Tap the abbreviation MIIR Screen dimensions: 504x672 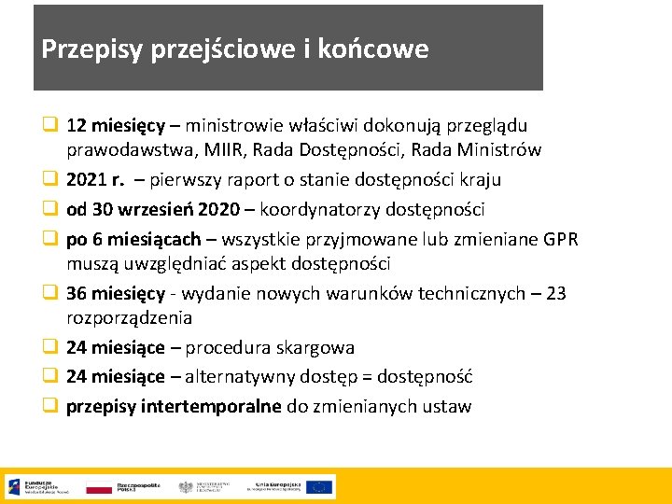(227, 149)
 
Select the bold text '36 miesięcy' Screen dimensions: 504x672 (116, 293)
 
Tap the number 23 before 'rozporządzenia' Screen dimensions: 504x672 (555, 293)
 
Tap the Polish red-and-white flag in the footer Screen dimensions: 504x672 (98, 487)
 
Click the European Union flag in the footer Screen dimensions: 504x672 (319, 486)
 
